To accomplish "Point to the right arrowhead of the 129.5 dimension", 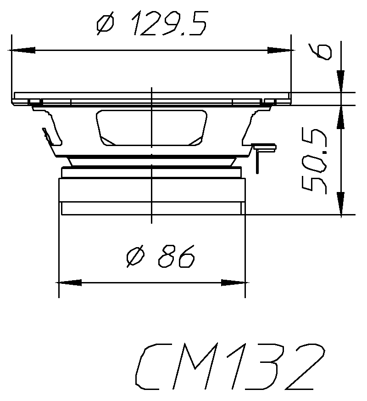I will pos(280,50).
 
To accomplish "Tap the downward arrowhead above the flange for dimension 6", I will pos(341,80).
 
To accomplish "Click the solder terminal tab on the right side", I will pos(264,148).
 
